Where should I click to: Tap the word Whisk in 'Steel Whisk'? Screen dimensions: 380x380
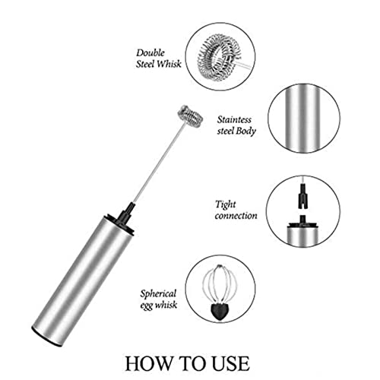(173, 65)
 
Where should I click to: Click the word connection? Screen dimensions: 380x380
(236, 216)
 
